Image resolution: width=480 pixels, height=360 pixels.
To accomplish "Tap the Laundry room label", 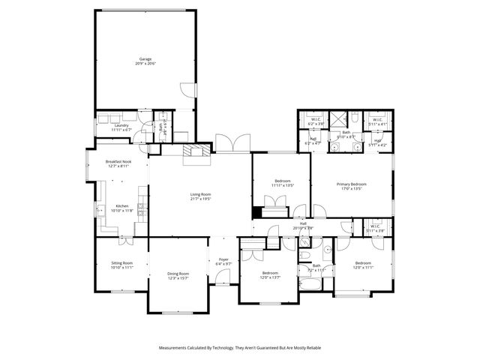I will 121,126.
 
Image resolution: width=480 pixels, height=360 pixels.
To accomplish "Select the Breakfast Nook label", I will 118,162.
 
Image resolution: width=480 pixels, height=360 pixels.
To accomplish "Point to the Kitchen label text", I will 121,206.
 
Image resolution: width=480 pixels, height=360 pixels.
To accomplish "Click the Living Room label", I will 200,194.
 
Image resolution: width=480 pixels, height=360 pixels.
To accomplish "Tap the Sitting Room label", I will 121,262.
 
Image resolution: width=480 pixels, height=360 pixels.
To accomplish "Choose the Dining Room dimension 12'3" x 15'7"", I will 178,277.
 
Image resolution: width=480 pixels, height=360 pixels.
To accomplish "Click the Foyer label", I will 223,259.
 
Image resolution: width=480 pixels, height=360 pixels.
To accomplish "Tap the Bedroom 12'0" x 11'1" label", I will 363,267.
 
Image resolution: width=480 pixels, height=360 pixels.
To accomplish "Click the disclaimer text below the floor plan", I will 240,348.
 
